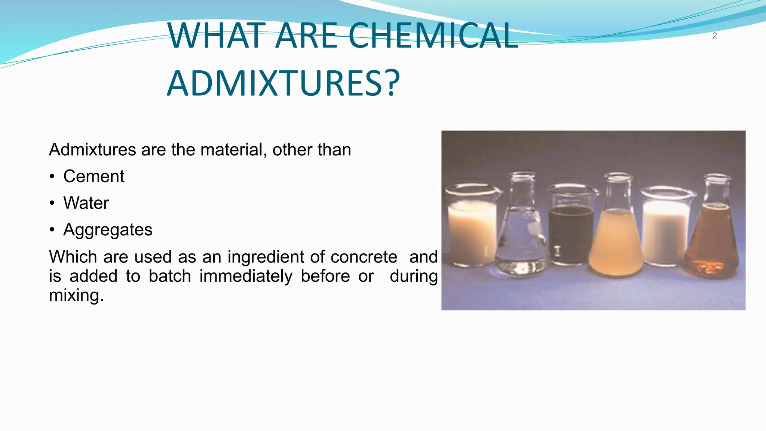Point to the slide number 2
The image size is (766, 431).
[714, 36]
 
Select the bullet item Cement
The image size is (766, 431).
[94, 176]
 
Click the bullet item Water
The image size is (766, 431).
[86, 203]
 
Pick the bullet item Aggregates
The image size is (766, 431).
[108, 230]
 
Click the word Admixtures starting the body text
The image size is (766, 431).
[92, 150]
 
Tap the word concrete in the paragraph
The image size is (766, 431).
[364, 257]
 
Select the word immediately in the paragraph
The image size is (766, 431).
[246, 276]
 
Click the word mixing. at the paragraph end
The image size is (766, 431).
[76, 296]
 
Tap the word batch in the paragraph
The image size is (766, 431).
[170, 276]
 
